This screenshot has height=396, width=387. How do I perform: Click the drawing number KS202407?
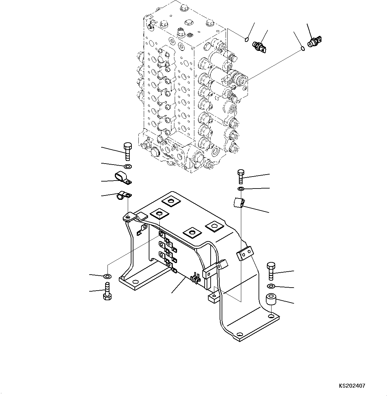point(352,386)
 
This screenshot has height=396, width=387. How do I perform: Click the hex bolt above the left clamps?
point(127,152)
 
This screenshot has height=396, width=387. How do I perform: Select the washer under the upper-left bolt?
point(128,166)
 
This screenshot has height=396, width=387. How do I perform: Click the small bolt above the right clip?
point(241,176)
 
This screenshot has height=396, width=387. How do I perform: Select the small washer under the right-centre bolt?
point(241,189)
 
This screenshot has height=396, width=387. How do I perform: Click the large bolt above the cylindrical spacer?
point(271,271)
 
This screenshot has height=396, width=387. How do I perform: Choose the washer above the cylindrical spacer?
point(271,287)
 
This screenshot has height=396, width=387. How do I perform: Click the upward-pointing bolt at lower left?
point(107,292)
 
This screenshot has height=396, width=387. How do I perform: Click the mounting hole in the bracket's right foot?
point(272,316)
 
